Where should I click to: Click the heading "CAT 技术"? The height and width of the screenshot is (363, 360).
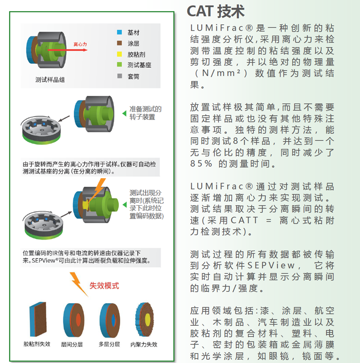216,11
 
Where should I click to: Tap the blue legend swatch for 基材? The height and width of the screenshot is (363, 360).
119,32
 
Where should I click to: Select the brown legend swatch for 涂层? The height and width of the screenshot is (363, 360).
119,43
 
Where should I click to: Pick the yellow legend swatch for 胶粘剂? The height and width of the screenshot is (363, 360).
119,54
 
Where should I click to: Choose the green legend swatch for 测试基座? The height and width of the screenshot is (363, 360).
119,64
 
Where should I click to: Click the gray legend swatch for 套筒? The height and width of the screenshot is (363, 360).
120,76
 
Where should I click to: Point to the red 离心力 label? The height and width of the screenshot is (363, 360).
80,44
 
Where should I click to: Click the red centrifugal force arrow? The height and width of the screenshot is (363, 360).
67,50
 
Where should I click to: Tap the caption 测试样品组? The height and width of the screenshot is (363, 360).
50,80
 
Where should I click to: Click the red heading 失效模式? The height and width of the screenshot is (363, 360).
104,286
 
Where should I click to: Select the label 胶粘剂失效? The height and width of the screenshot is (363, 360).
37,344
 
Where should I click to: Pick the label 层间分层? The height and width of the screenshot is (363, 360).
72,345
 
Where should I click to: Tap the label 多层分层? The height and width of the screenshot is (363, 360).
109,344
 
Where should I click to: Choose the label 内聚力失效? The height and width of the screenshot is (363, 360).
144,345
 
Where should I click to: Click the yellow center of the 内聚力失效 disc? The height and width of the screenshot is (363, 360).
148,319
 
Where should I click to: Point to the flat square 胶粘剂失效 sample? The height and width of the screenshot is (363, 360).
38,319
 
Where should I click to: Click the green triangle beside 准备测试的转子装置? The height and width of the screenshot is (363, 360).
124,113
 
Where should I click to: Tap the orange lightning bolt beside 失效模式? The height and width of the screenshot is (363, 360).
79,284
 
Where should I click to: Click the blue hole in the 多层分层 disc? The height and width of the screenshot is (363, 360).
113,320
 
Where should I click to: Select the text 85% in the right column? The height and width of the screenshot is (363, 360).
201,164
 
